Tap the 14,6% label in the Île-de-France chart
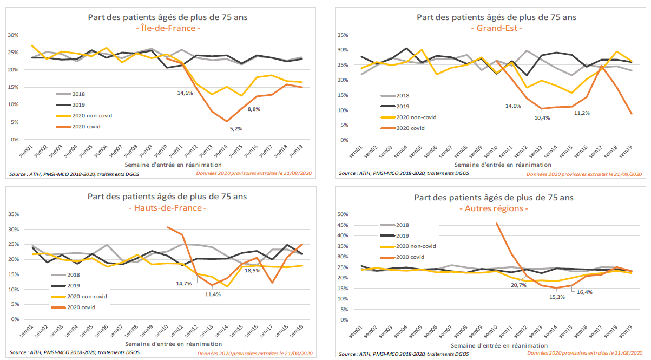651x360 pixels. (x=185, y=93)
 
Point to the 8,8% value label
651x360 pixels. (x=254, y=110)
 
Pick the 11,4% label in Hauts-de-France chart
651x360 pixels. (x=212, y=294)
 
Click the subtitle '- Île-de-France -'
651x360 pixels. (x=168, y=28)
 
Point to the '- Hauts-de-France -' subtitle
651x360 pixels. (x=168, y=207)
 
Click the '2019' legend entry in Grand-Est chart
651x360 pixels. (x=403, y=106)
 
